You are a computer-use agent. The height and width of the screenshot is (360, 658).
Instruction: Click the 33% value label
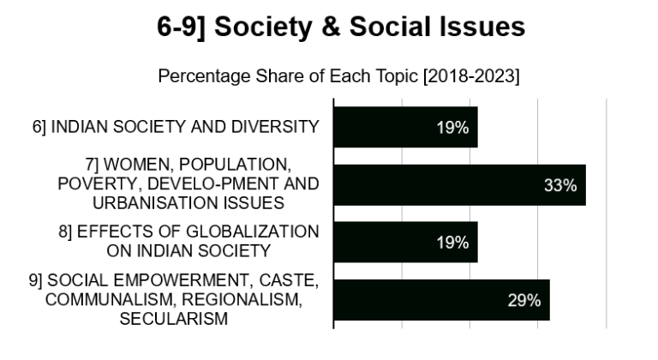[x=559, y=185]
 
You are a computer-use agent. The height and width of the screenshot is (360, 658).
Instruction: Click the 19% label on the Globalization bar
[x=452, y=243]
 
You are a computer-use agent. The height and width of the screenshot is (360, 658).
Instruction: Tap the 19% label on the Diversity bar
[x=452, y=128]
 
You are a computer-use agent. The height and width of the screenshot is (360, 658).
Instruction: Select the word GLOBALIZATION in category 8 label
[x=249, y=232]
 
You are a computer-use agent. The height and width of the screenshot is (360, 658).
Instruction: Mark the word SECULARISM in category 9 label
[x=174, y=319]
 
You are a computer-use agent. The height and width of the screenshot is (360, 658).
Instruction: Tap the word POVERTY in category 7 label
[x=93, y=183]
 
